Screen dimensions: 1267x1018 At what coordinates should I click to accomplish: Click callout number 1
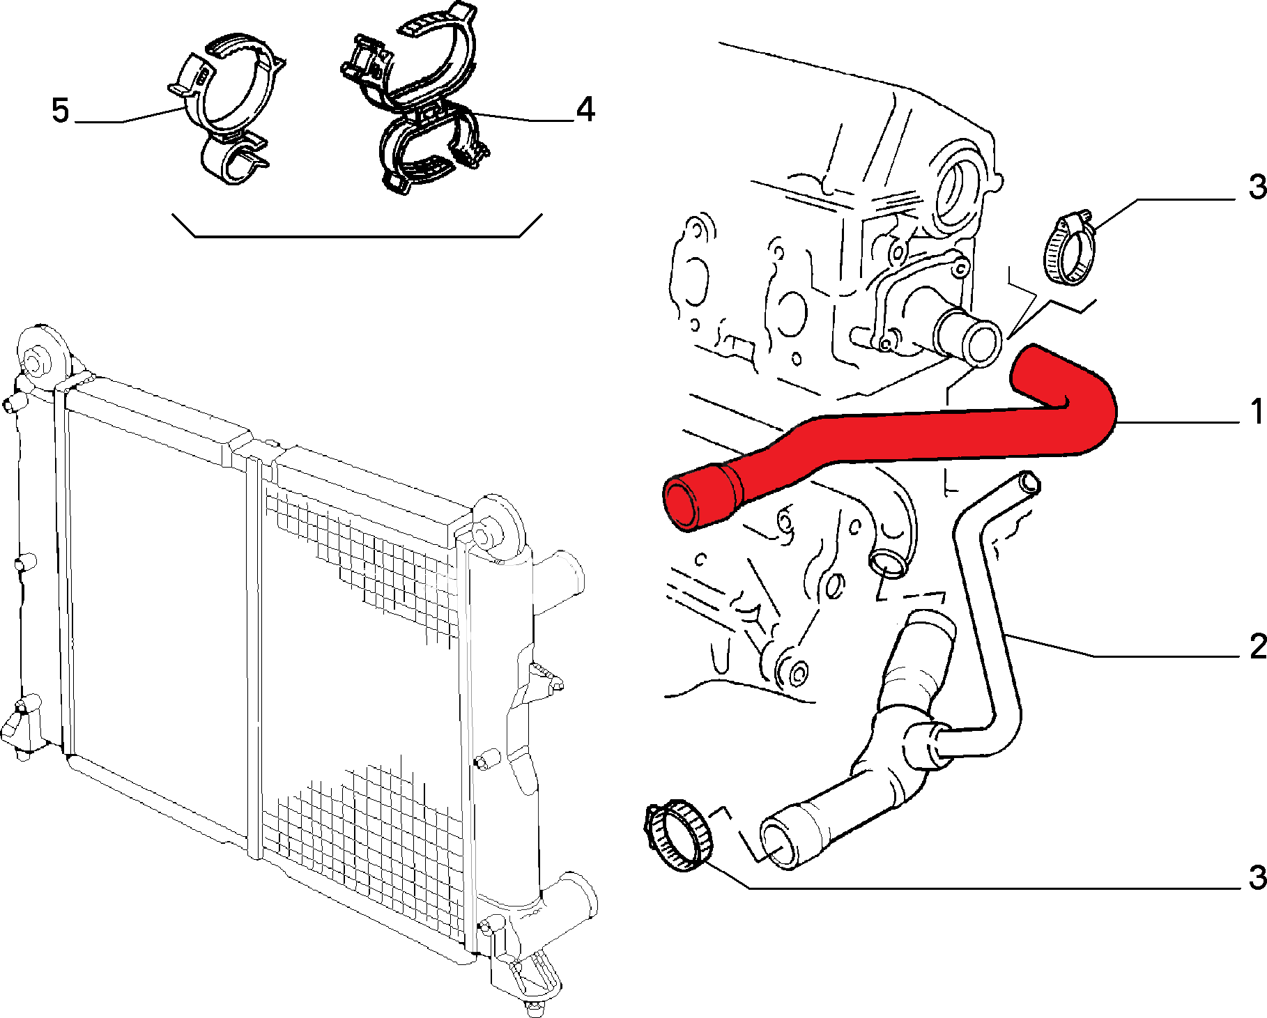click(1256, 412)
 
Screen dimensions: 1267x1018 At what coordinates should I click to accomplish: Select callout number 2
click(1257, 647)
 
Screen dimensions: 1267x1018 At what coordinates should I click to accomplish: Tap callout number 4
click(585, 110)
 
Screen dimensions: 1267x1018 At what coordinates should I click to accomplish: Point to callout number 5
click(61, 111)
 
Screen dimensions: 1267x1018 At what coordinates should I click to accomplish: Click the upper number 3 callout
click(1257, 187)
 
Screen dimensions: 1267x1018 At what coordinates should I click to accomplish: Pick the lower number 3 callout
click(1257, 878)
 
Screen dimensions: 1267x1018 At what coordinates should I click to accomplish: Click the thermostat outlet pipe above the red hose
click(969, 339)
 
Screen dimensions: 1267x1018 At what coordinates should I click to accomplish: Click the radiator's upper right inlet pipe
click(558, 578)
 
